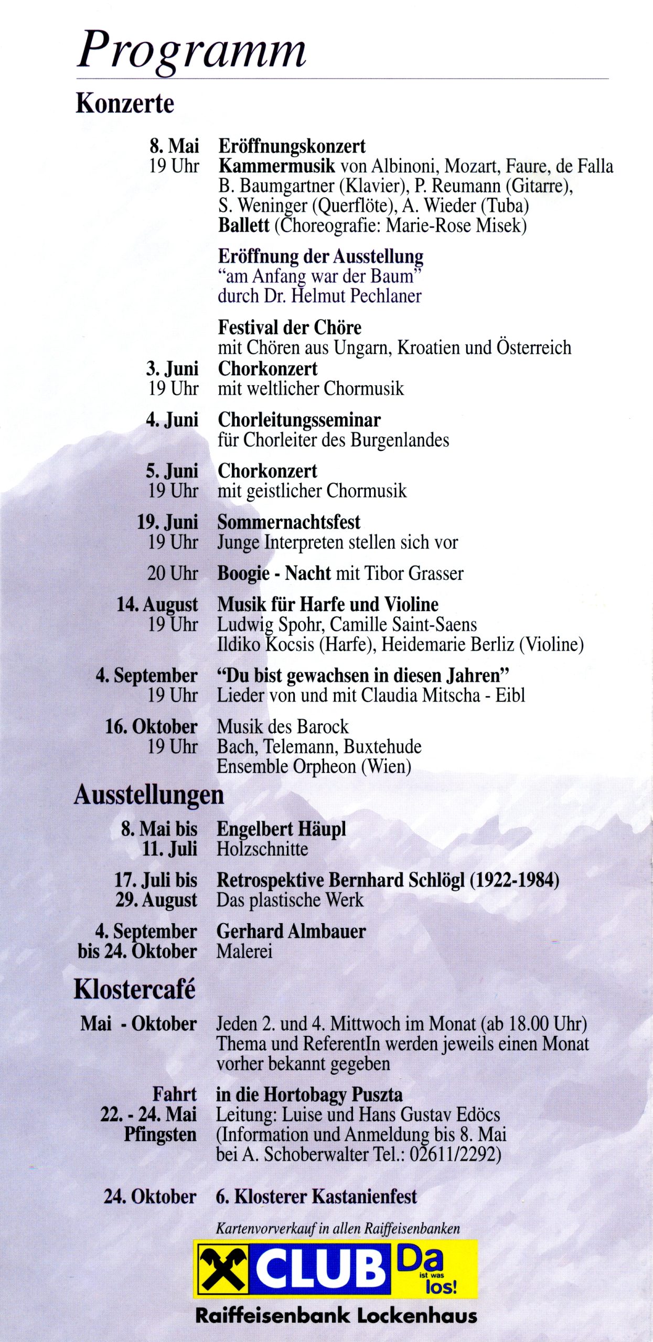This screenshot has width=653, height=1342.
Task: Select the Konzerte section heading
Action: (x=125, y=103)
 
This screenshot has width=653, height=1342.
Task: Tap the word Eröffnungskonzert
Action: (x=292, y=146)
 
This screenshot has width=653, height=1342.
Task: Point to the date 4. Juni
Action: (x=172, y=420)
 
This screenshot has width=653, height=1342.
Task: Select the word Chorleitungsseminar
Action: (x=299, y=420)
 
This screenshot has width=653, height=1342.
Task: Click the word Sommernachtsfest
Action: (x=288, y=522)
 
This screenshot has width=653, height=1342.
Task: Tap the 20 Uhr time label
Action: (x=172, y=573)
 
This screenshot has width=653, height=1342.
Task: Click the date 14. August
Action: (x=157, y=604)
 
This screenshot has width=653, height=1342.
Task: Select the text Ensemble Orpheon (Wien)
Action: (x=314, y=766)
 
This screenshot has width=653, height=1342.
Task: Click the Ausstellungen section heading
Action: (x=148, y=795)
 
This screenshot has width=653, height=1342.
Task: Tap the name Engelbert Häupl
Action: (x=281, y=829)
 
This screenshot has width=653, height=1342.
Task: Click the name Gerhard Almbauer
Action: (x=291, y=930)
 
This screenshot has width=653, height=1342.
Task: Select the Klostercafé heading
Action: (x=134, y=989)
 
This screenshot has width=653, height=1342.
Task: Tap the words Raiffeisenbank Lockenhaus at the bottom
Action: (x=336, y=1315)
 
